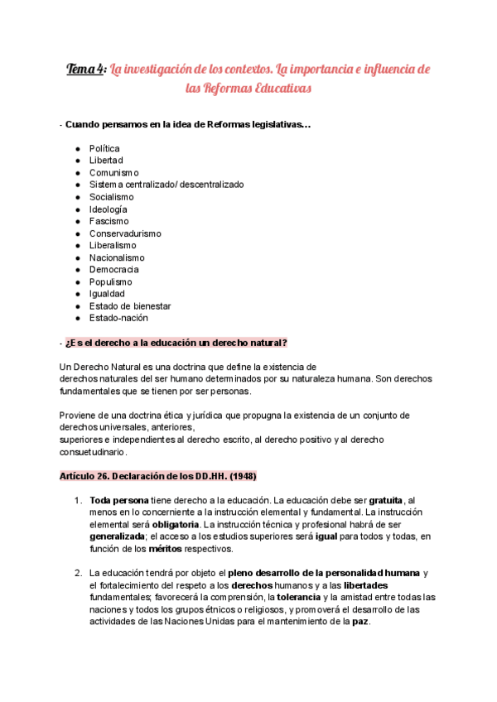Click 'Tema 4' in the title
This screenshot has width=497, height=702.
(x=85, y=70)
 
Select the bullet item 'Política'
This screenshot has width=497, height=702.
(x=110, y=149)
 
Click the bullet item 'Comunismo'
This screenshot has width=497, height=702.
(x=114, y=173)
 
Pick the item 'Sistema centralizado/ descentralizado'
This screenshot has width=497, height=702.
(x=166, y=185)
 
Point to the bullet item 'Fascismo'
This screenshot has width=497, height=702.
(x=109, y=221)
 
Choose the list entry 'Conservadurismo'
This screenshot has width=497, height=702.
(x=125, y=233)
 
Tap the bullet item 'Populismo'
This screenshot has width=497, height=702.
(x=111, y=281)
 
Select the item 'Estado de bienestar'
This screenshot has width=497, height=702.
(x=130, y=305)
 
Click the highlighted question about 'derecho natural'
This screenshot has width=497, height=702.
(x=176, y=343)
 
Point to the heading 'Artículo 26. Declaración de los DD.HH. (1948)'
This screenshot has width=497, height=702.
(x=157, y=477)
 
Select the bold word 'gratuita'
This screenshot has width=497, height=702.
(x=385, y=501)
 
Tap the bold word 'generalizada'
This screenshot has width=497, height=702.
(x=118, y=536)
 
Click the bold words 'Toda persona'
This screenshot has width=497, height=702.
(x=119, y=501)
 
